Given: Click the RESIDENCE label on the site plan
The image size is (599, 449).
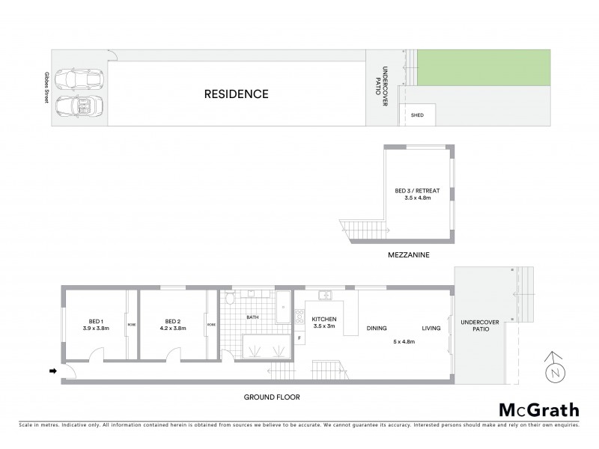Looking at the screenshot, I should pyautogui.click(x=237, y=94).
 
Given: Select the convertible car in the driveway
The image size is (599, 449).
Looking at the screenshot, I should pyautogui.click(x=83, y=111).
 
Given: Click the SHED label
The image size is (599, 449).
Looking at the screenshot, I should pyautogui.click(x=418, y=116).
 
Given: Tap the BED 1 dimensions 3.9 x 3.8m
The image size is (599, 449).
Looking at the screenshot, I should pyautogui.click(x=97, y=329).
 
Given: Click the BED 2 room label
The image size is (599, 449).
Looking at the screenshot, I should pyautogui.click(x=172, y=321).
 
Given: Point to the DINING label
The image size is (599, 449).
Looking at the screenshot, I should pyautogui.click(x=377, y=328).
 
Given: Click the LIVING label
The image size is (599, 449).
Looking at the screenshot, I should pyautogui.click(x=431, y=328).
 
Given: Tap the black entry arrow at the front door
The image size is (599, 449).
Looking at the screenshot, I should pyautogui.click(x=53, y=370).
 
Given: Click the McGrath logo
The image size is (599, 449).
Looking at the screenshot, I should pyautogui.click(x=538, y=409).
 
